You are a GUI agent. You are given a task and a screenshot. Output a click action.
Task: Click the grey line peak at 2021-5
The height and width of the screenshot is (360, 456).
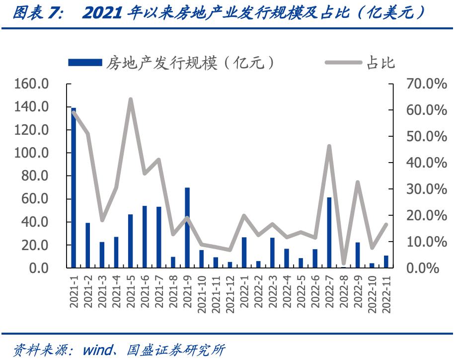[131, 99]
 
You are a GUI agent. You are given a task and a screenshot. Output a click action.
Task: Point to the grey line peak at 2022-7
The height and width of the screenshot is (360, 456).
[329, 146]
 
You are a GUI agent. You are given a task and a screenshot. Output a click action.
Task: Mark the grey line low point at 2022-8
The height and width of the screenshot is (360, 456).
[343, 263]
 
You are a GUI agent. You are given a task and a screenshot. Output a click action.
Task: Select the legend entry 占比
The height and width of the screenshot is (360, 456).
[380, 62]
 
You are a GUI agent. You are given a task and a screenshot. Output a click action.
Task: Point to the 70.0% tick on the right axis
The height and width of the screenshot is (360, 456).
[426, 84]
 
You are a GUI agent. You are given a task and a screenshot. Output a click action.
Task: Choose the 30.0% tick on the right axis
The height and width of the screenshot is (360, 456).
[426, 189]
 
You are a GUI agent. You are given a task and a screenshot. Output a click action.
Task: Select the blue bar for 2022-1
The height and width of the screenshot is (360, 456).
[244, 253]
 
